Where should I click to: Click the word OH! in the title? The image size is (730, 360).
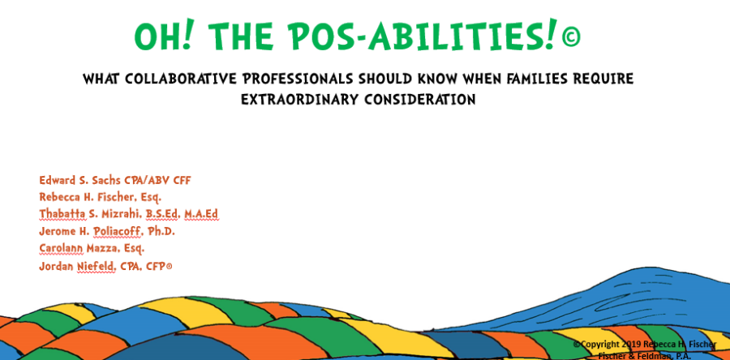coord(165,36)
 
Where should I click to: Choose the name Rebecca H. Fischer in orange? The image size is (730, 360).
coord(89,197)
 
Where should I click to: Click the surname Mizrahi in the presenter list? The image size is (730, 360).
coord(118,214)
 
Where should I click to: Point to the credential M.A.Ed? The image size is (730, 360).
coord(200,214)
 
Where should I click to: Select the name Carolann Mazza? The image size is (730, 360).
coord(74,248)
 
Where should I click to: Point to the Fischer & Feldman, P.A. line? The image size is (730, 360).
coord(645,355)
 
